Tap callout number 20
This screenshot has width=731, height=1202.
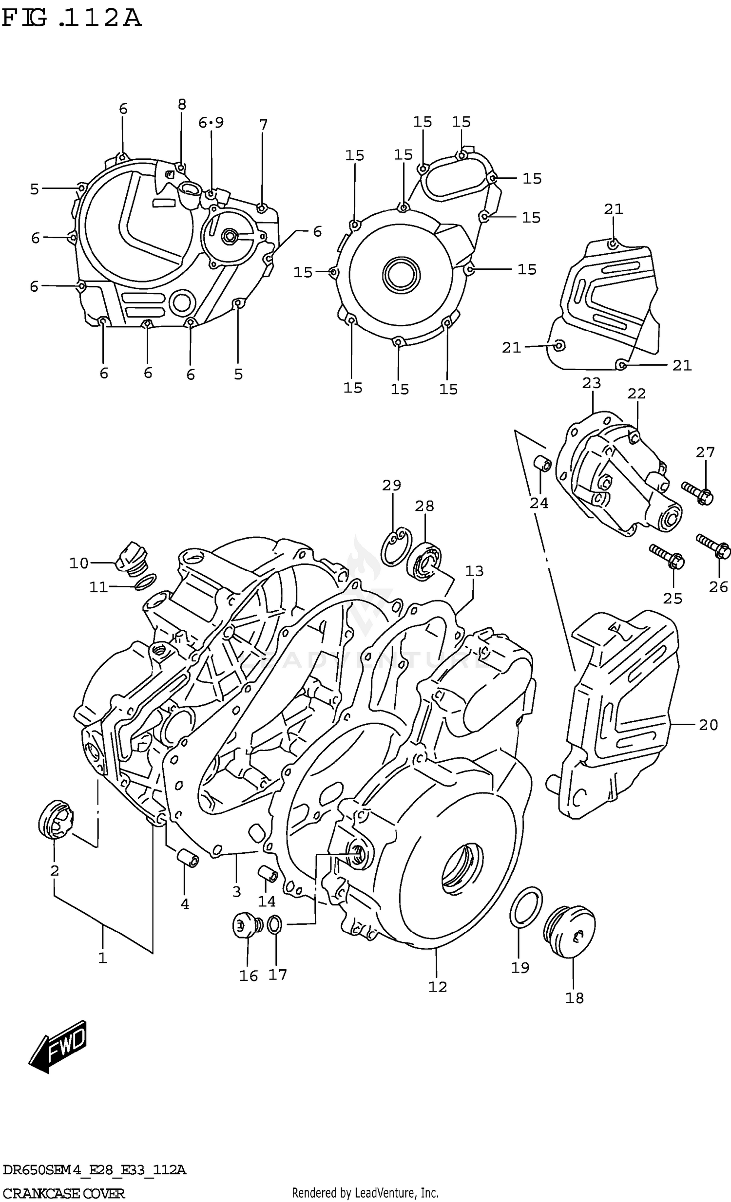point(708,725)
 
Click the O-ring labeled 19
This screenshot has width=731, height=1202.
point(525,906)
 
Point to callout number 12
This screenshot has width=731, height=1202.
point(437,987)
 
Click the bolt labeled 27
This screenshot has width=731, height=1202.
point(698,493)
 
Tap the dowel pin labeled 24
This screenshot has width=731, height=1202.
point(542,464)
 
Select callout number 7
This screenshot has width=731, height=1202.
point(264,125)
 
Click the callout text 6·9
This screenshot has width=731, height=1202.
point(211,123)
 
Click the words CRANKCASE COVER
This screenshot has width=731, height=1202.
point(63,1193)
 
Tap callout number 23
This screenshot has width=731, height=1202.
point(592,383)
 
